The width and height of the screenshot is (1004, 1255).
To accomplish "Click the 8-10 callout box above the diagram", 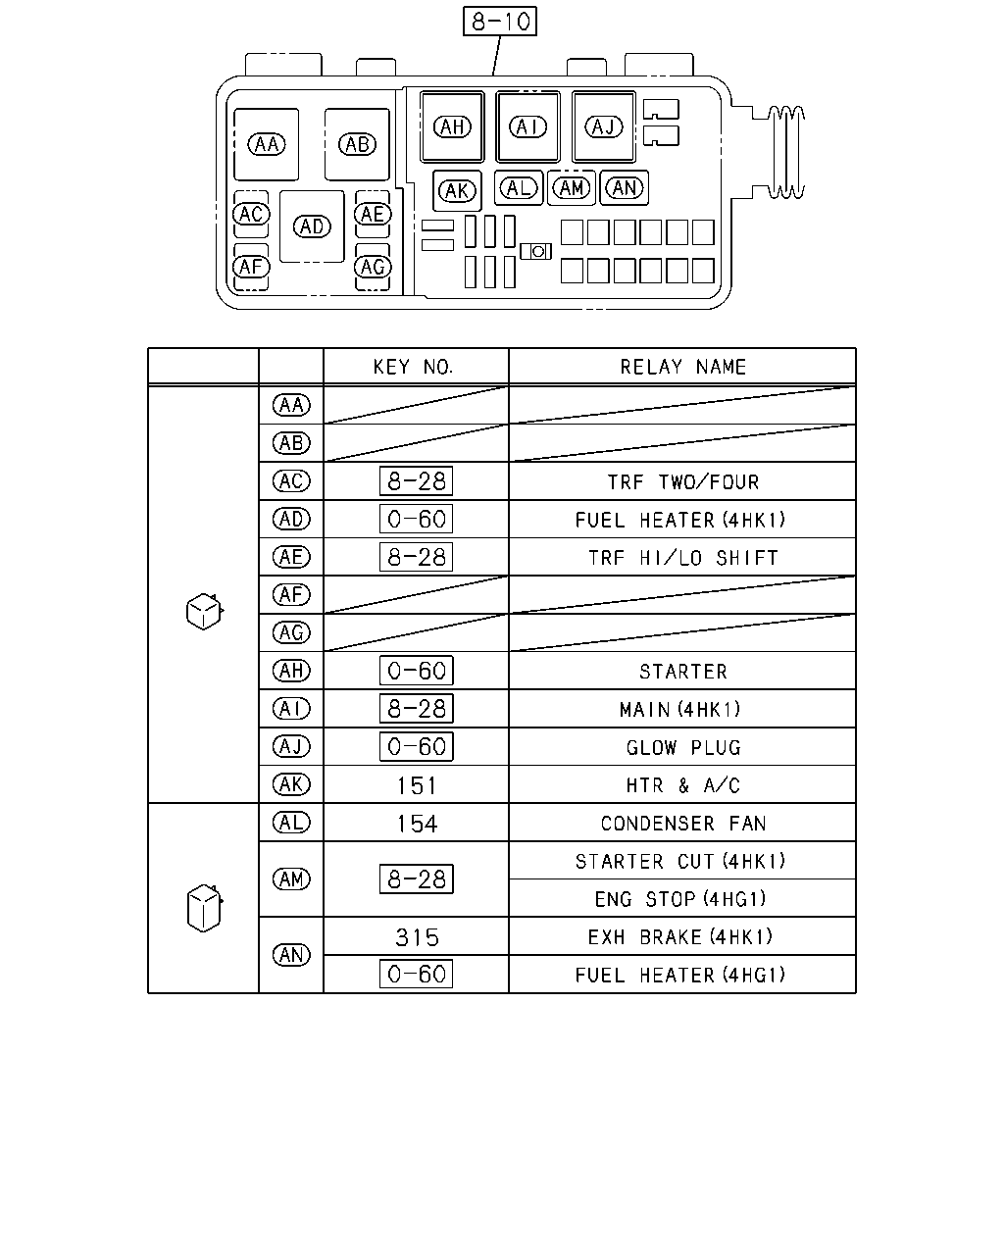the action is [x=499, y=22].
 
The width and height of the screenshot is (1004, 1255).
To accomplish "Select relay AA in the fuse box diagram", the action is [x=266, y=144].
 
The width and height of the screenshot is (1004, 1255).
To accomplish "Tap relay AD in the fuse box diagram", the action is [x=312, y=226].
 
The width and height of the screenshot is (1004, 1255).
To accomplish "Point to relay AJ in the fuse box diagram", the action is [x=604, y=126].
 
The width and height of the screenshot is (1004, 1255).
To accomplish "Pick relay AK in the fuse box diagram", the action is [x=457, y=190].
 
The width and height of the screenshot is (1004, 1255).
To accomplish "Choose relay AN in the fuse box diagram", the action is [x=625, y=188].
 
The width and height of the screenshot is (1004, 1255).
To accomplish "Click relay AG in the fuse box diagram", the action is [x=373, y=267].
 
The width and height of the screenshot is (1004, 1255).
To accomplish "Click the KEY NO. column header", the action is [x=413, y=367].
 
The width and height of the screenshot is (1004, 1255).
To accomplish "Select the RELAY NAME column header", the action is [x=682, y=367].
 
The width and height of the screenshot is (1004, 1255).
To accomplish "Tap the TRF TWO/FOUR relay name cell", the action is [x=682, y=481].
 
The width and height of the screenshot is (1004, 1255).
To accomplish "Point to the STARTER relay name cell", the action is [x=682, y=672].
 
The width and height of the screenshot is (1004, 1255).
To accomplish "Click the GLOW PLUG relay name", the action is [x=682, y=747].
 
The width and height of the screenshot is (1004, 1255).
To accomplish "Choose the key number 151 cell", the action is [x=417, y=785].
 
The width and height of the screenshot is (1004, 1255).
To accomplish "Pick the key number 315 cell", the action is [x=417, y=937].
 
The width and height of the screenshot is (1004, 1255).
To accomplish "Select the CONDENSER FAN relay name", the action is [x=682, y=823].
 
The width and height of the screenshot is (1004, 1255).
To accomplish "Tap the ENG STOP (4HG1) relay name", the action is [x=680, y=899].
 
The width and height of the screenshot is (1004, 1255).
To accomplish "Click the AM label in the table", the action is [x=292, y=878].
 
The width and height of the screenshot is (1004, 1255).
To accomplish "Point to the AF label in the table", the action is [x=292, y=595].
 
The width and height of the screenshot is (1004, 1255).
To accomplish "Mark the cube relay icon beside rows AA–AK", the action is [x=204, y=611].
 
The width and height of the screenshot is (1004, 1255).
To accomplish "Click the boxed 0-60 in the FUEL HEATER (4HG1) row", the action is [x=417, y=974].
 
